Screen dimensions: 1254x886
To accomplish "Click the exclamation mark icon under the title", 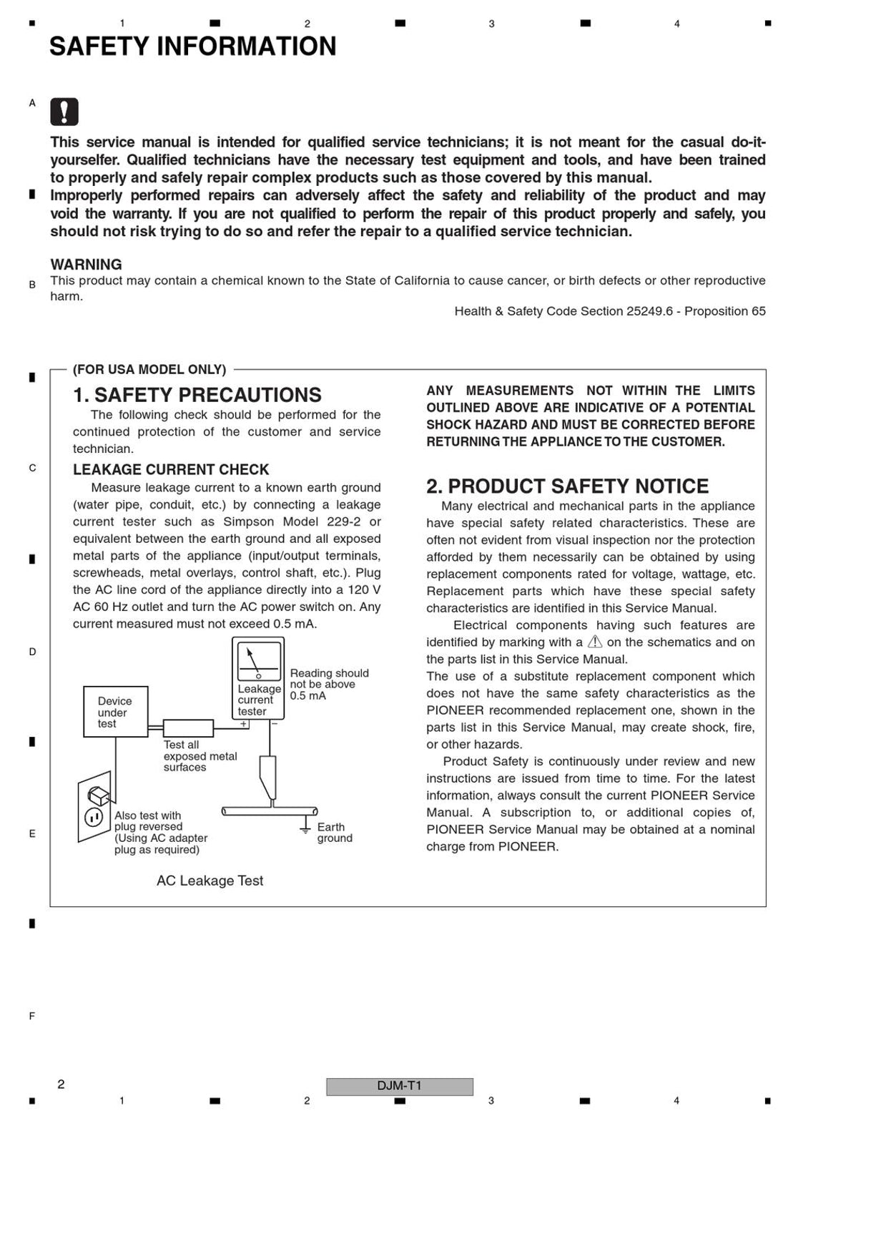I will (64, 112).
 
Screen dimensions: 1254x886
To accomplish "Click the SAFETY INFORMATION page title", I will (192, 46).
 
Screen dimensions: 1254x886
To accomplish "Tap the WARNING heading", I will (86, 264).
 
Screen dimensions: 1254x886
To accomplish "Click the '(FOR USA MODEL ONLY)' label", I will (149, 369).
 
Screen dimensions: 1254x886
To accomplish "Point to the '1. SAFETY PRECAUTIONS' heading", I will (197, 395).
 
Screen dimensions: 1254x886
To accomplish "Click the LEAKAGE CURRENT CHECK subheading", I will (171, 469).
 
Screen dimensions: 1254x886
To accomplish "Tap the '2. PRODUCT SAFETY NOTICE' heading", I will (567, 486).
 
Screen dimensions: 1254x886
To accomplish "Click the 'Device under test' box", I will (115, 712).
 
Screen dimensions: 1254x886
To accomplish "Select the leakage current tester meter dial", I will (258, 660).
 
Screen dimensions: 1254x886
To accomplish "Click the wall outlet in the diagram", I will (95, 806).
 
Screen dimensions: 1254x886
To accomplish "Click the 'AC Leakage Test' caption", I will (210, 881).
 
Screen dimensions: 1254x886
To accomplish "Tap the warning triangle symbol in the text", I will (594, 642).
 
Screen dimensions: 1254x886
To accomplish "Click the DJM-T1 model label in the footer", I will (399, 1086).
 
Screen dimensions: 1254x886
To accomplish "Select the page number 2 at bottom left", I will (61, 1084).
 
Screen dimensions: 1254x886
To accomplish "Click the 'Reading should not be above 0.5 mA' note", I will (328, 684).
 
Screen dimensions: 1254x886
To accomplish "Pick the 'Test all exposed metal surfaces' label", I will (199, 755).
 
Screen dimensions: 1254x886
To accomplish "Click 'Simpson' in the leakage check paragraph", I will (246, 521).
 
